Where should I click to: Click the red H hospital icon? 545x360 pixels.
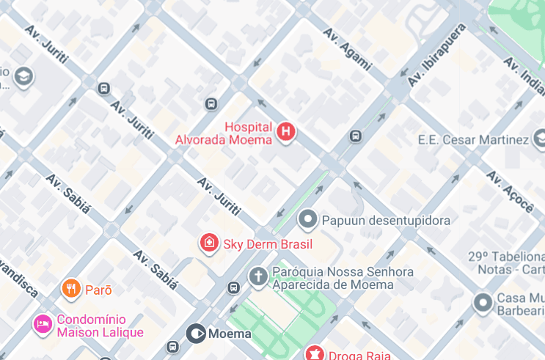pos(286,132)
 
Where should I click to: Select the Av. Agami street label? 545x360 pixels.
pos(347,50)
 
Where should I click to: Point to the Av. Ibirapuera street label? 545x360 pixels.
pos(437,56)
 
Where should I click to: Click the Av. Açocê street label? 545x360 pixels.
pos(510,192)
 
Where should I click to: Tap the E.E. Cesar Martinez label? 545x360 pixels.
pos(472,139)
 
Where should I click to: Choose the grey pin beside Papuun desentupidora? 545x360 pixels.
pos(308,219)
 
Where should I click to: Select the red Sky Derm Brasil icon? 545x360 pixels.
pos(209,243)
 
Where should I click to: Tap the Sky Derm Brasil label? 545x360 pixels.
pos(268,244)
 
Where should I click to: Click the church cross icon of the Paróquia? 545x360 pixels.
pos(257,276)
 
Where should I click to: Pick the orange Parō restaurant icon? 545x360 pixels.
pos(70,289)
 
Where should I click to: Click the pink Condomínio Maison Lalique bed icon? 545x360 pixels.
pos(43,323)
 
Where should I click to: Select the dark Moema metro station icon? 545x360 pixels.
pos(195,334)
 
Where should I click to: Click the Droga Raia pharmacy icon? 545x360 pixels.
pos(315,355)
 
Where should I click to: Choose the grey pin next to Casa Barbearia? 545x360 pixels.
pos(483,301)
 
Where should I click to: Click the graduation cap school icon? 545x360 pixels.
pos(24,76)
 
